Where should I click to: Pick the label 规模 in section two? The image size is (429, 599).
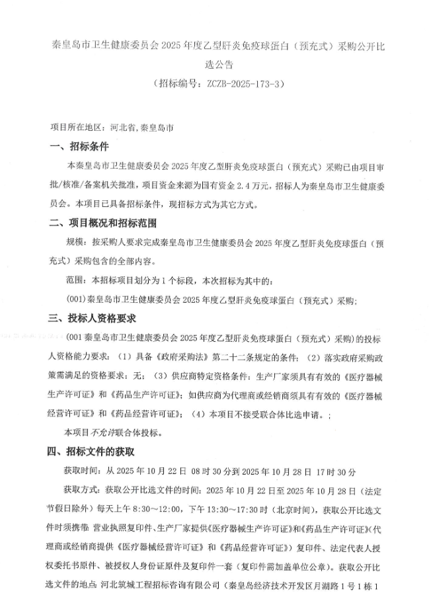point(73,243)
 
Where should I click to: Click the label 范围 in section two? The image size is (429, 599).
point(73,281)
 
